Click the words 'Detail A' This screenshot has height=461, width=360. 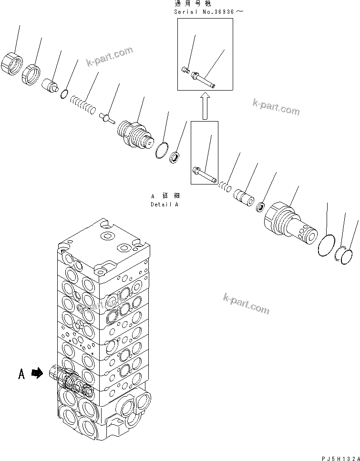tap(164, 205)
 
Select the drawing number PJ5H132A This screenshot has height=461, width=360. tap(339, 457)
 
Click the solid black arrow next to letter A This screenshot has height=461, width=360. tap(37, 375)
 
